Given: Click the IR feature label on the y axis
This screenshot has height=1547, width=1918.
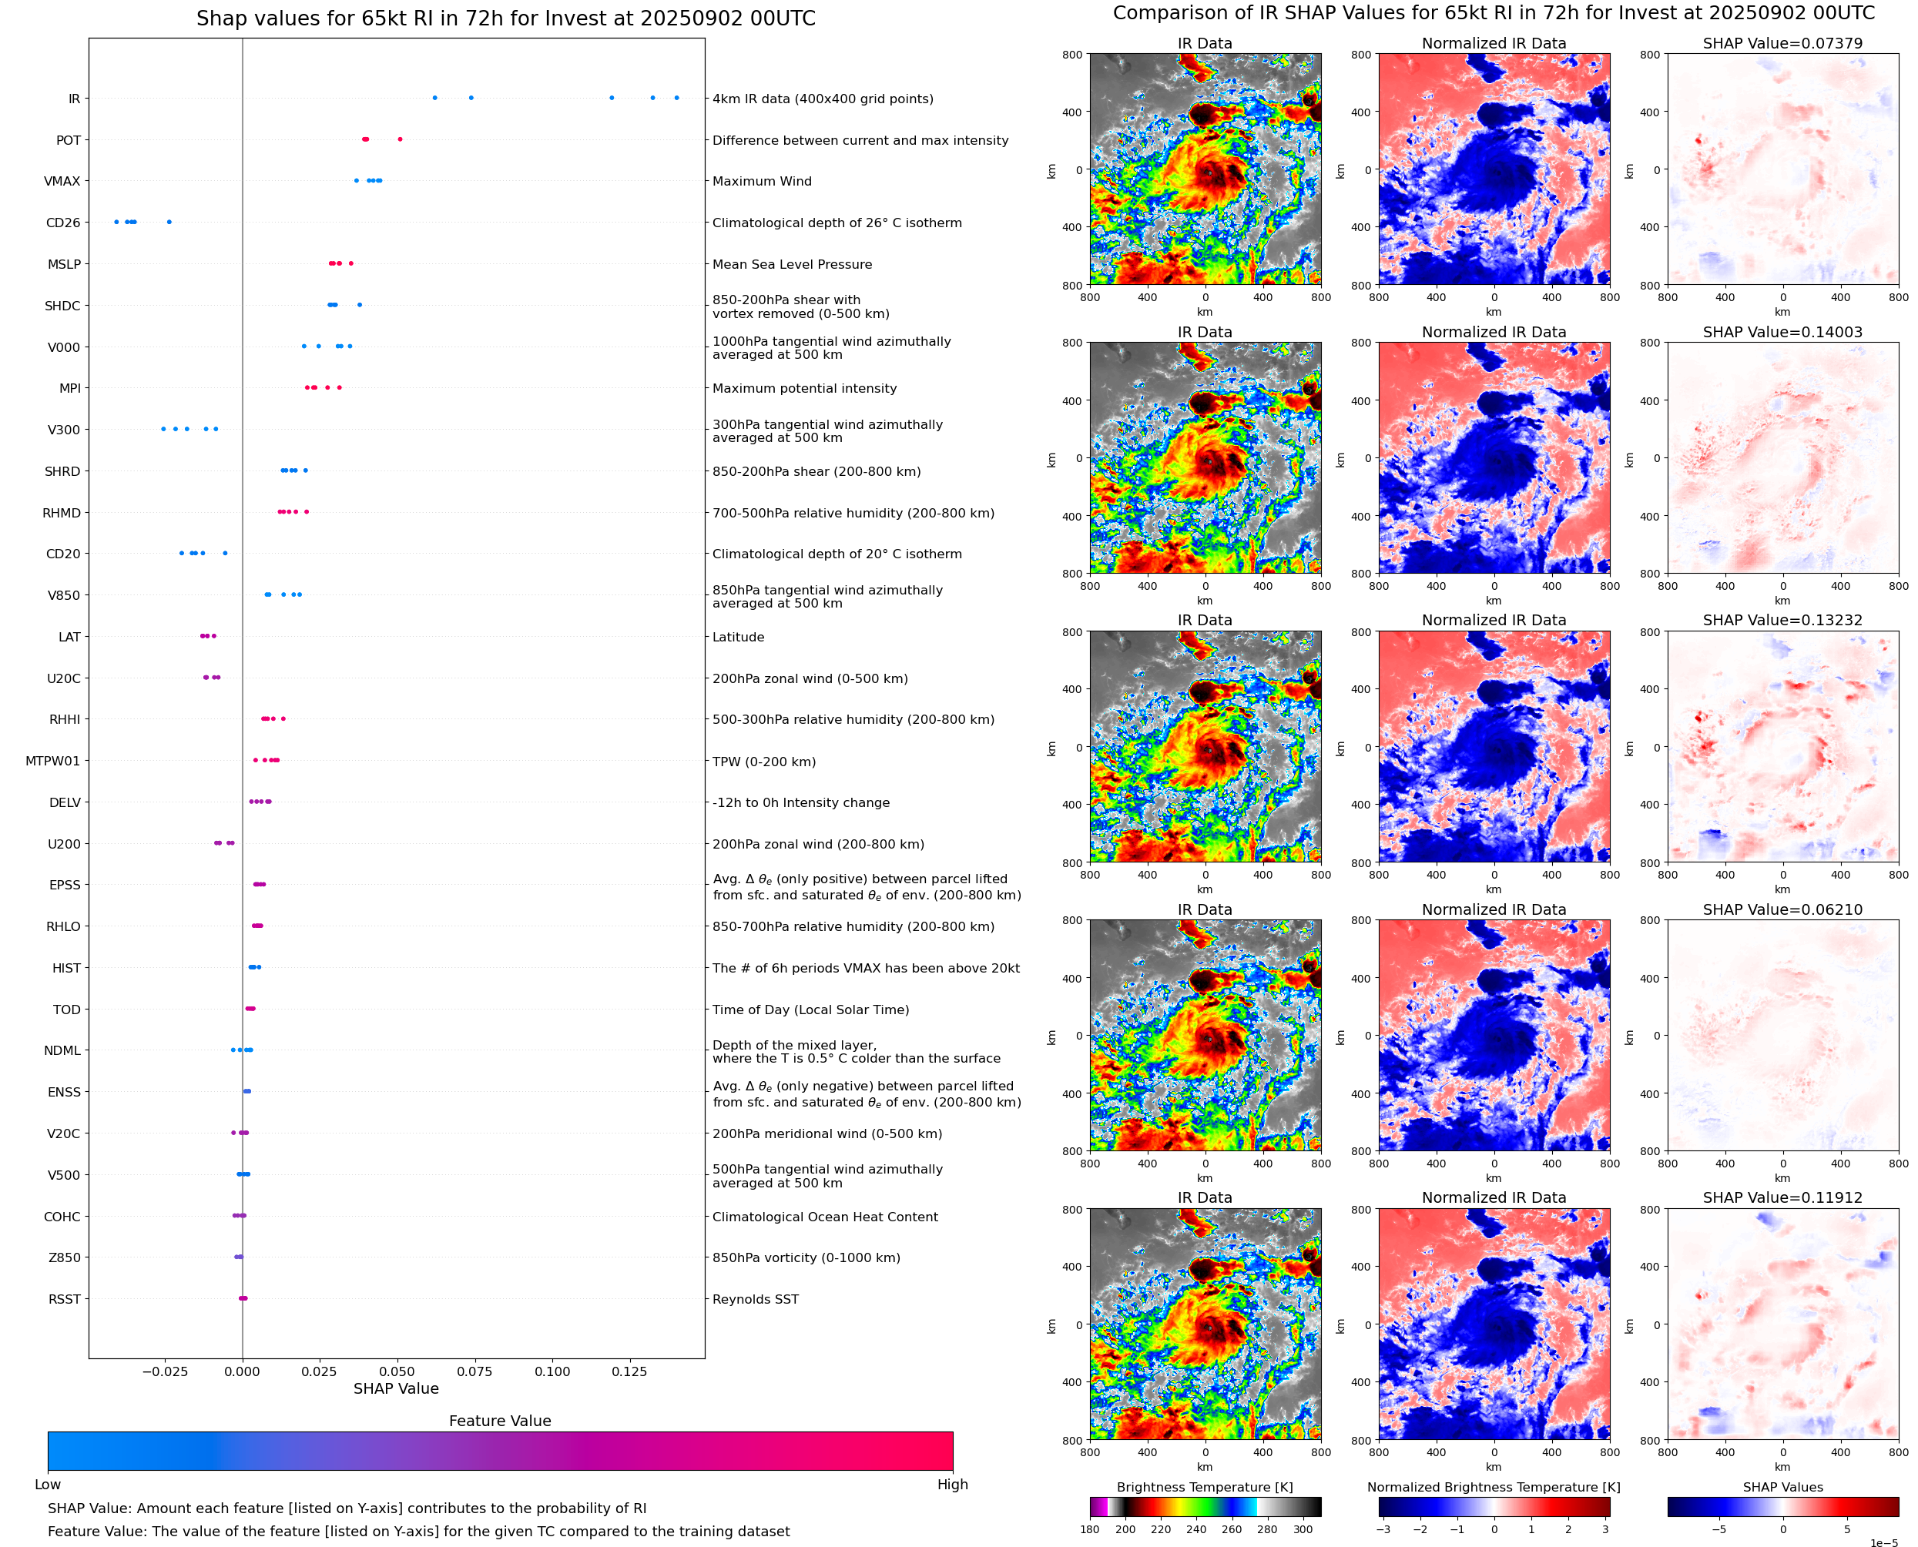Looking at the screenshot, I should click(74, 99).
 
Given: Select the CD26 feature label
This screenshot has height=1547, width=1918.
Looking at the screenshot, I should click(62, 223).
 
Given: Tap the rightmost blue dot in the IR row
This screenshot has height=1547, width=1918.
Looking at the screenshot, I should click(676, 98).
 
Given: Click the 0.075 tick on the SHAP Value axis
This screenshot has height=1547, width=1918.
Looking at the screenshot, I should click(474, 1371).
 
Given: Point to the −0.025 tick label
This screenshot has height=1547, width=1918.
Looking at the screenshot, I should click(165, 1371).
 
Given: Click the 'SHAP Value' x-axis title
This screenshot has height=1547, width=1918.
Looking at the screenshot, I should click(396, 1388).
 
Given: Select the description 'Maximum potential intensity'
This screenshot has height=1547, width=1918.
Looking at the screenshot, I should click(804, 389).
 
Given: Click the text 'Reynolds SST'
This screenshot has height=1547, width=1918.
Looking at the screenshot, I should click(755, 1299).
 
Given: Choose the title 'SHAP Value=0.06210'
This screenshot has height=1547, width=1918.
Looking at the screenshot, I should click(1782, 910).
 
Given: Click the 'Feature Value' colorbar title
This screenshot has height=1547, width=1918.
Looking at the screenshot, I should click(500, 1421).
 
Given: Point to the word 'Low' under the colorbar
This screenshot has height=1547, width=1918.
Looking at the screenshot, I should click(47, 1485).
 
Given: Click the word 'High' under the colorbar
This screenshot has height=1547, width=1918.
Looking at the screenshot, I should click(952, 1485).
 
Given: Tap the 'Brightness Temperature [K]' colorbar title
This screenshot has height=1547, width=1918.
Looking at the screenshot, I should click(1204, 1487).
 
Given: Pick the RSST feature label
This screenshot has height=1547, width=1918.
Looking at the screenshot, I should click(64, 1299).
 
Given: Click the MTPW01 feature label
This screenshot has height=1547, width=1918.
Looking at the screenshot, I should click(52, 761).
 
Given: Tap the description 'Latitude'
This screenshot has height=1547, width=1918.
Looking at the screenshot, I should click(738, 637).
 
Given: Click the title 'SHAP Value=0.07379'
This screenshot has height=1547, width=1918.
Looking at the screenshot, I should click(1782, 44).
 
